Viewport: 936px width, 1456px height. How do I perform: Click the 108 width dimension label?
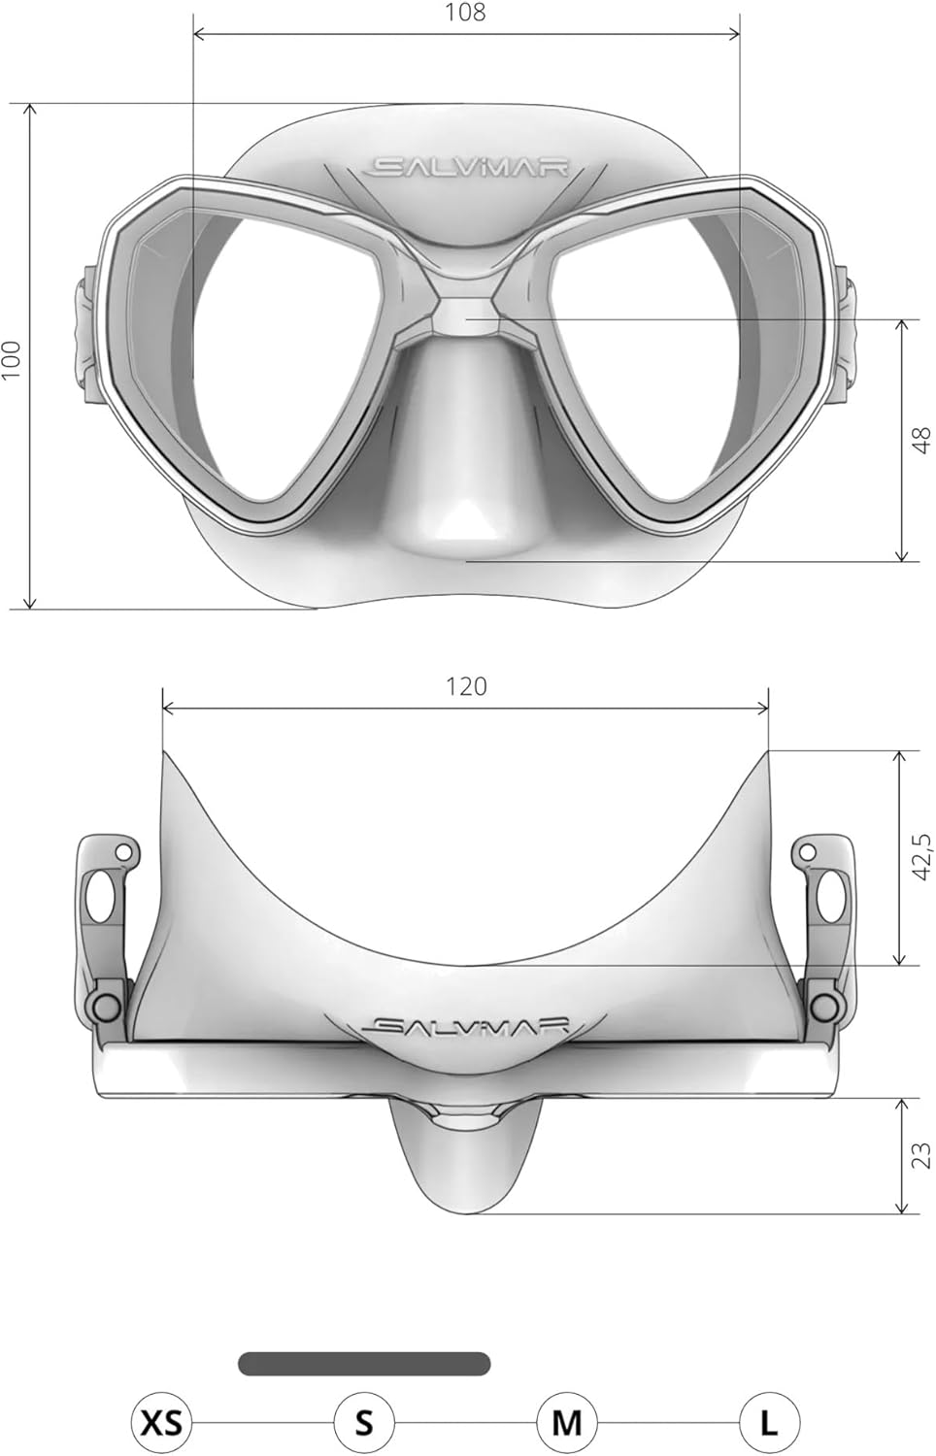point(465,12)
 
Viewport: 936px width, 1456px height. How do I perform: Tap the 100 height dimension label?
point(12,359)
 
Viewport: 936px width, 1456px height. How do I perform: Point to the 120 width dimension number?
point(466,685)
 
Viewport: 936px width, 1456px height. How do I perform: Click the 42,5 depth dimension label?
point(922,857)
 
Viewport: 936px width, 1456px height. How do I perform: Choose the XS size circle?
point(162,1423)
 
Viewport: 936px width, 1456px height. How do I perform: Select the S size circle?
point(364,1423)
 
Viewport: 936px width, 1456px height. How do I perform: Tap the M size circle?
point(567,1423)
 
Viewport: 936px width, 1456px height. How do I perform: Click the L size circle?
point(769,1423)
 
